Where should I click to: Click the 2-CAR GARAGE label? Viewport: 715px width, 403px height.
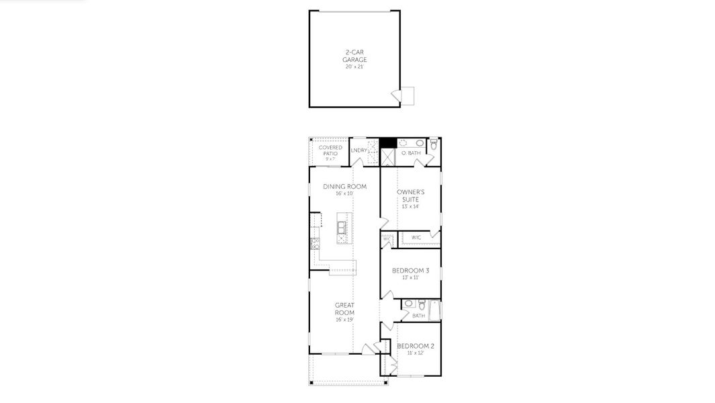(x=354, y=55)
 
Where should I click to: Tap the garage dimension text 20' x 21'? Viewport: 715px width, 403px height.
(x=354, y=66)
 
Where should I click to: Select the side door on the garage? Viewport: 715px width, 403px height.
(x=406, y=96)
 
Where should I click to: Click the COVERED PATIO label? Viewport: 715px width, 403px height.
(x=330, y=150)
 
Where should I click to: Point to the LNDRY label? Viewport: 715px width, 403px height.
(x=359, y=150)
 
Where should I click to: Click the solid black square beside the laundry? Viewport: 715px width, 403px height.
(x=387, y=142)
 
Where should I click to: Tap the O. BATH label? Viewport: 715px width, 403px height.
(x=411, y=153)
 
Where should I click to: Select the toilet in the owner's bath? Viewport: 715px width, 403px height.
(x=434, y=144)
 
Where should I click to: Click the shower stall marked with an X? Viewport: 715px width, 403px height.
(x=387, y=157)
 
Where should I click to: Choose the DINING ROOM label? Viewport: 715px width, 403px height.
(x=344, y=187)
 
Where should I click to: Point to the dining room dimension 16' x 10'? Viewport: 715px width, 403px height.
(x=344, y=193)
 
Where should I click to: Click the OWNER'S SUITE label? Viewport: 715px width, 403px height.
(x=410, y=195)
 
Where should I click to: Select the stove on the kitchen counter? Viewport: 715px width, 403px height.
(x=314, y=242)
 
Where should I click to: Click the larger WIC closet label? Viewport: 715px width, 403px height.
(x=416, y=237)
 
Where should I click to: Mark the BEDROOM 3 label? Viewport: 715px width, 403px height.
(x=410, y=270)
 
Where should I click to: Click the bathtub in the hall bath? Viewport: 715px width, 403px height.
(x=434, y=310)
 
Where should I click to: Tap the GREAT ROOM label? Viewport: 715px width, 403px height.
(x=344, y=309)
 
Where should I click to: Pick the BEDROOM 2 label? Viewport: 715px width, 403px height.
(x=415, y=346)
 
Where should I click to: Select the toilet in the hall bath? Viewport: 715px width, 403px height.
(x=421, y=305)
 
